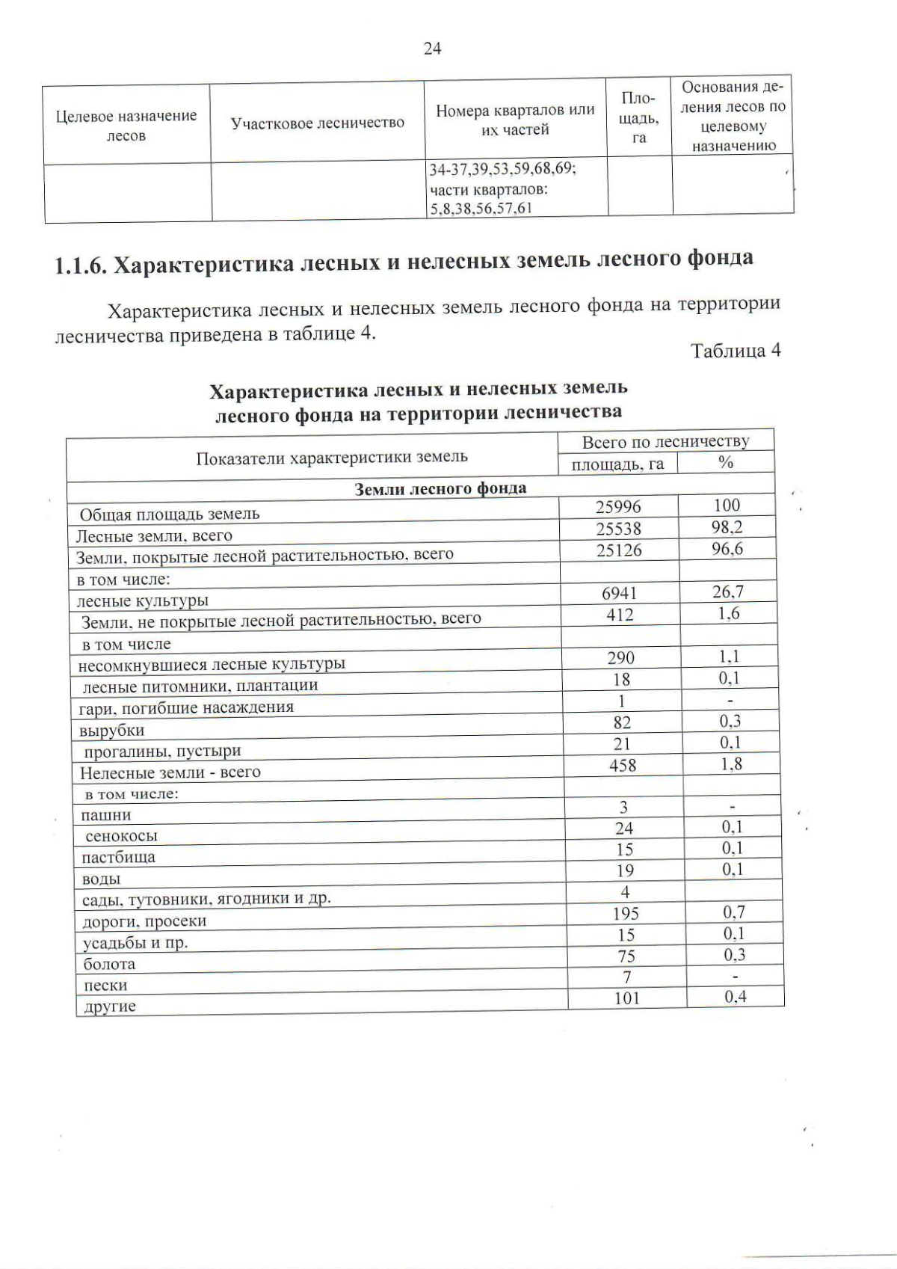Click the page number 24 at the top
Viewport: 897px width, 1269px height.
pyautogui.click(x=432, y=49)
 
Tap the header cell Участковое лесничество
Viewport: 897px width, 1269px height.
pyautogui.click(x=317, y=123)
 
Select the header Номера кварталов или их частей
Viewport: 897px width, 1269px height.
pyautogui.click(x=515, y=120)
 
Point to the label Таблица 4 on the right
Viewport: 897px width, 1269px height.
pyautogui.click(x=736, y=351)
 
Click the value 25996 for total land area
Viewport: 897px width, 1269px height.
pyautogui.click(x=618, y=507)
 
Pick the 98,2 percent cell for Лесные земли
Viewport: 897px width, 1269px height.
pyautogui.click(x=727, y=527)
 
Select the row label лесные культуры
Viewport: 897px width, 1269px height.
pyautogui.click(x=143, y=600)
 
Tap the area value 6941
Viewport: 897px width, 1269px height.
pyautogui.click(x=620, y=593)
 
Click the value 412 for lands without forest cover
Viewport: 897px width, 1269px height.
pyautogui.click(x=620, y=615)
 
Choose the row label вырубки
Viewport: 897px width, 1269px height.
pyautogui.click(x=111, y=730)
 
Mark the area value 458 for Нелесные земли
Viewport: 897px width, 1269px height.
pyautogui.click(x=623, y=765)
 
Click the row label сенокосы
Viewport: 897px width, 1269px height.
pyautogui.click(x=121, y=836)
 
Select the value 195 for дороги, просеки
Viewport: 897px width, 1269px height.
pyautogui.click(x=625, y=914)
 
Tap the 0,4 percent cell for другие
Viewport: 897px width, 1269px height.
pyautogui.click(x=735, y=997)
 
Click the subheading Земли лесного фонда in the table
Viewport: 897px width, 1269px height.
pyautogui.click(x=440, y=488)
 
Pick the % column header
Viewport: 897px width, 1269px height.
pyautogui.click(x=725, y=463)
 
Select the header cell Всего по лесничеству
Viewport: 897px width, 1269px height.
pyautogui.click(x=665, y=441)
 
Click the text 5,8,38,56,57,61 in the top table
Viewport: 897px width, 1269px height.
pyautogui.click(x=480, y=209)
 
